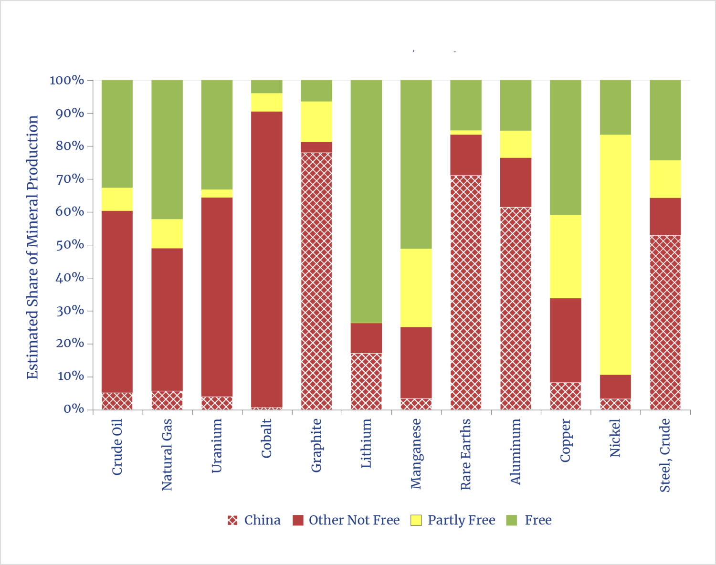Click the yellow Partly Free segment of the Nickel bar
point(615,254)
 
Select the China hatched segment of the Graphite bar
point(316,281)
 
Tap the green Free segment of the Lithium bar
point(366,201)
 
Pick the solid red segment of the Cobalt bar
point(266,259)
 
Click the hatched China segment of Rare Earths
point(466,292)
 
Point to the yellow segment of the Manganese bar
point(416,288)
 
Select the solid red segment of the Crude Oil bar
point(117,302)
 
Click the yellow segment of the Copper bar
point(565,256)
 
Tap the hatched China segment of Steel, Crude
point(665,322)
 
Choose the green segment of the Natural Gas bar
point(167,149)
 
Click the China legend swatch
point(232,520)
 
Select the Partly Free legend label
point(461,520)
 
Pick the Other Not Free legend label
point(354,520)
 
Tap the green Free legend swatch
point(511,520)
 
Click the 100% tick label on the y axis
point(67,80)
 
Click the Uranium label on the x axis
point(217,445)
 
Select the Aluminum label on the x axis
point(516,451)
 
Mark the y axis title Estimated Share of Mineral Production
point(32,247)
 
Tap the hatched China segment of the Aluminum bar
point(516,308)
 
